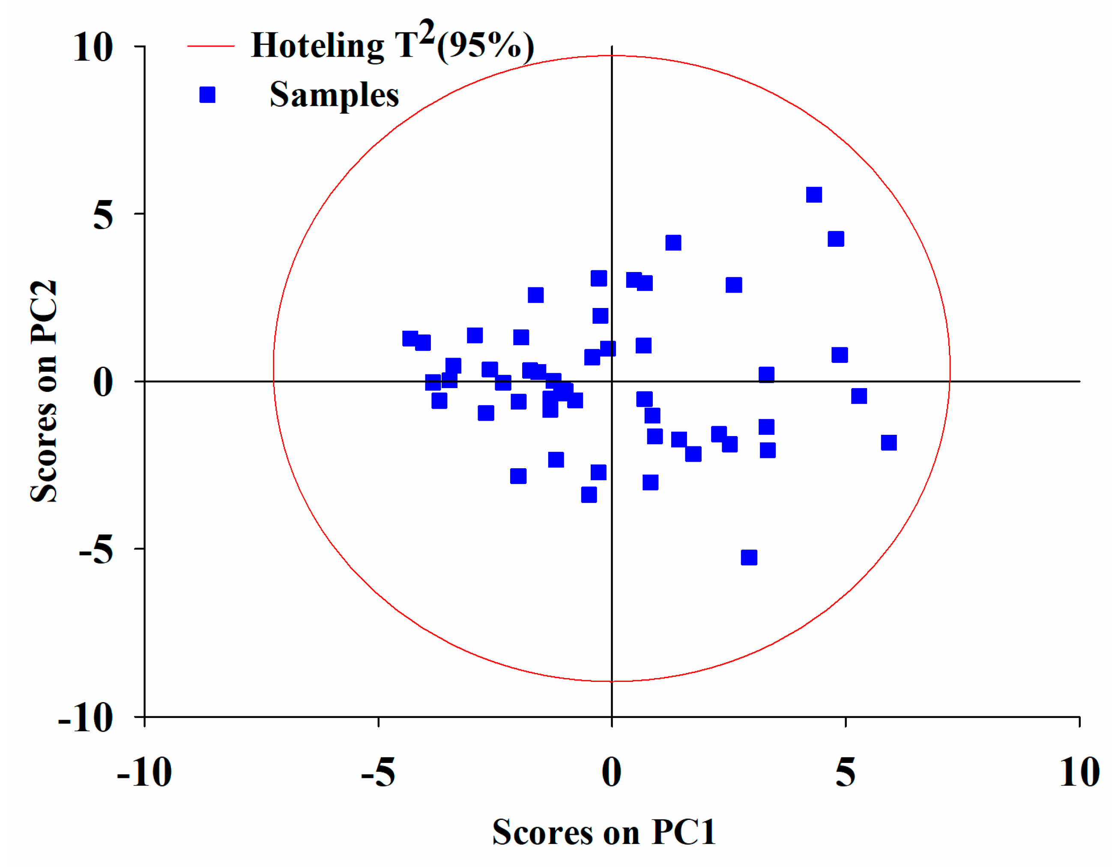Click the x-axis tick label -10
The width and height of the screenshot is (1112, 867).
pyautogui.click(x=144, y=773)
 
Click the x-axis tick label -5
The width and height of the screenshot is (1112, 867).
pyautogui.click(x=377, y=773)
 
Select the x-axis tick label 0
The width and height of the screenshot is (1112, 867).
pyautogui.click(x=612, y=773)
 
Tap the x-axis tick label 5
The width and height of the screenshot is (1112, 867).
pyautogui.click(x=845, y=773)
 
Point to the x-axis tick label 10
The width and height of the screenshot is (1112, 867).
pyautogui.click(x=1079, y=773)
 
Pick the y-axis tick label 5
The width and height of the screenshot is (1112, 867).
pyautogui.click(x=103, y=215)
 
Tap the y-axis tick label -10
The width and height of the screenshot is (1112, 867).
pyautogui.click(x=85, y=718)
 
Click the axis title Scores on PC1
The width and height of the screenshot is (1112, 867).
pyautogui.click(x=604, y=833)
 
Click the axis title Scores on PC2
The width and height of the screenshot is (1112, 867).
pyautogui.click(x=44, y=392)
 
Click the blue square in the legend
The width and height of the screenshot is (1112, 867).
pyautogui.click(x=207, y=95)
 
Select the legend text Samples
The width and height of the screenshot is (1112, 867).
pyautogui.click(x=334, y=95)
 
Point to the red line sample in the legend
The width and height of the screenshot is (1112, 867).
pyautogui.click(x=211, y=46)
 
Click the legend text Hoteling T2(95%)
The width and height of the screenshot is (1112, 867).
pyautogui.click(x=392, y=45)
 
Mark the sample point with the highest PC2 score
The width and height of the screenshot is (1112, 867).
pyautogui.click(x=813, y=194)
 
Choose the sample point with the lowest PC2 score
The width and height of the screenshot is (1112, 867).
pyautogui.click(x=748, y=557)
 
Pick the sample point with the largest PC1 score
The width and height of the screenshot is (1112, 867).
pyautogui.click(x=888, y=442)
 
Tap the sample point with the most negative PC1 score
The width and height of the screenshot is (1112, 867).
pyautogui.click(x=410, y=338)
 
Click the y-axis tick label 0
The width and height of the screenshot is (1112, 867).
pyautogui.click(x=103, y=383)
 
